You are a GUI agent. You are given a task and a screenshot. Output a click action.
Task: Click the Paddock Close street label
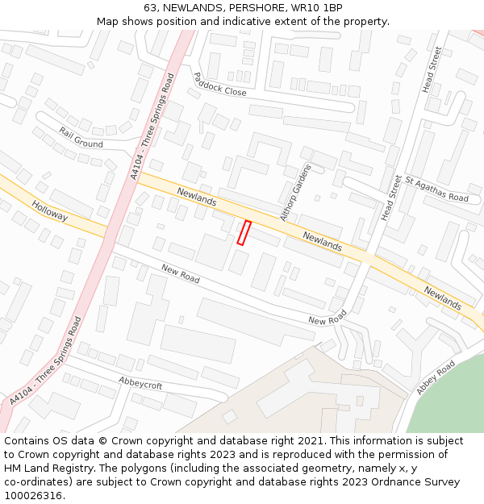(x=219, y=84)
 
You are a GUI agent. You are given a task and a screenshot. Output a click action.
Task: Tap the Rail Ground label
(x=81, y=137)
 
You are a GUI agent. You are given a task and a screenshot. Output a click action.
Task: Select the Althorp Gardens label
(x=294, y=192)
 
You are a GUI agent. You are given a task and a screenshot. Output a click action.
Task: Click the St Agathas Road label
(x=436, y=190)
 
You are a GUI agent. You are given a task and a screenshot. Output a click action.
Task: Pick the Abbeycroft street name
(x=140, y=382)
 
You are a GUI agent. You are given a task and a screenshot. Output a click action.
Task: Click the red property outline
(x=244, y=232)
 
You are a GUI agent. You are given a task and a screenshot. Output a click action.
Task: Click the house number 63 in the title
(x=151, y=8)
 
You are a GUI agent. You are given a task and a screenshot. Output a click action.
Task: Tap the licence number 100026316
(x=34, y=495)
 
